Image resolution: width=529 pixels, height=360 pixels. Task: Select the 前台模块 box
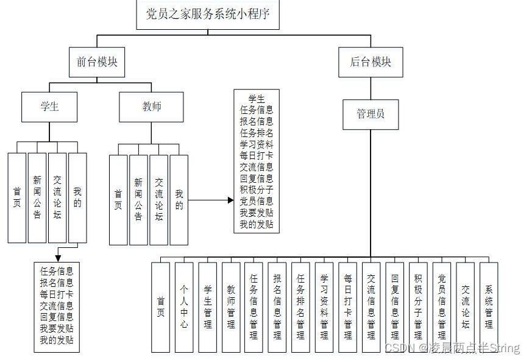point(97,62)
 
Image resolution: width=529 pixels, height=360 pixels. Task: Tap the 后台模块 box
point(371,62)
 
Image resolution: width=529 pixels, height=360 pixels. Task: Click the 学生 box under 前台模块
point(50,107)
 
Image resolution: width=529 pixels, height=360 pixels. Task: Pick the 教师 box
point(152,107)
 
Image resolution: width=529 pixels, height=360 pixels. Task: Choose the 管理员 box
point(371,114)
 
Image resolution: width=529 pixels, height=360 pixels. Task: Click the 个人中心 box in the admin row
point(184,307)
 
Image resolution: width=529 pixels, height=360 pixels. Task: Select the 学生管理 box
point(207,307)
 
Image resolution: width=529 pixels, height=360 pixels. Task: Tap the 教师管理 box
point(230,307)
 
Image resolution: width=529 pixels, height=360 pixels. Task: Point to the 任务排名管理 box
point(300,307)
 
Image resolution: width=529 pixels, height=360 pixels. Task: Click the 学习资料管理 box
point(324,307)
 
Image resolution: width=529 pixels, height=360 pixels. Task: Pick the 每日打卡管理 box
point(347,307)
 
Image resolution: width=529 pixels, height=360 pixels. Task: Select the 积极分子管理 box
point(418,307)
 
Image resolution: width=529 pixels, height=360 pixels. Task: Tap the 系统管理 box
point(489,307)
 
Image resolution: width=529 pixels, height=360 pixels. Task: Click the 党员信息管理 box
point(442,307)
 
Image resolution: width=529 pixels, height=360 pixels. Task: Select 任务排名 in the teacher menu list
point(257,133)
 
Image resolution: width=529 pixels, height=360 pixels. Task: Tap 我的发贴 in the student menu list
point(57,340)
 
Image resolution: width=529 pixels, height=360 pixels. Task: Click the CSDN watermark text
point(452,348)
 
